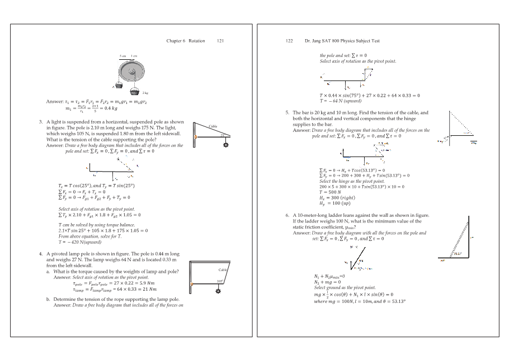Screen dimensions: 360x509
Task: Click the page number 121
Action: (220, 41)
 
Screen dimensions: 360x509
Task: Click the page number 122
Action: (289, 41)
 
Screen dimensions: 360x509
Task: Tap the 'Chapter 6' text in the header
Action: (176, 41)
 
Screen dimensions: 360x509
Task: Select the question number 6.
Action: (287, 215)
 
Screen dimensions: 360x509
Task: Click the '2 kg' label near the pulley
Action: (145, 93)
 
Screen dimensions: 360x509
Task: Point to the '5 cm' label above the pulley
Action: (122, 56)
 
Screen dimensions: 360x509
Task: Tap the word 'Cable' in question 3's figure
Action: (213, 127)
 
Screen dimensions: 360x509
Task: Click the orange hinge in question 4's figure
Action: (192, 284)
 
